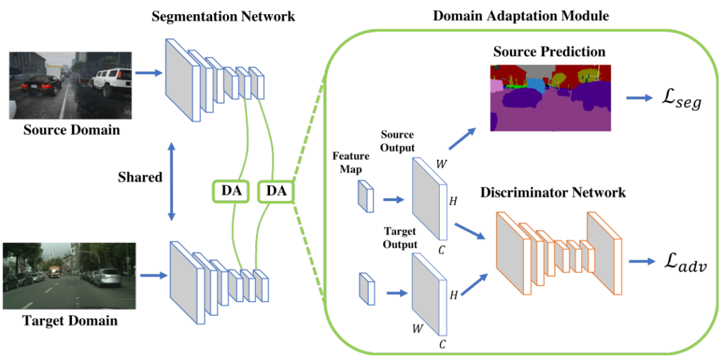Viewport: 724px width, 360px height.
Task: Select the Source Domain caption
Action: click(x=71, y=129)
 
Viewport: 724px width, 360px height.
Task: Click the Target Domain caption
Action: click(x=71, y=320)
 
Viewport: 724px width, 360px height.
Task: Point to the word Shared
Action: click(x=139, y=177)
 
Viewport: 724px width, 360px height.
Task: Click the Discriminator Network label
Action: click(x=553, y=192)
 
